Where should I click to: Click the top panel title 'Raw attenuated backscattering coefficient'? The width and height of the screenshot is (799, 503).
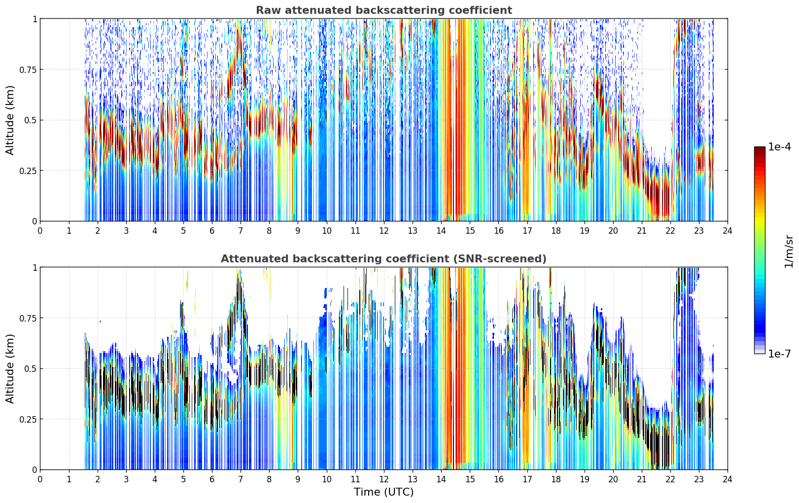pyautogui.click(x=384, y=10)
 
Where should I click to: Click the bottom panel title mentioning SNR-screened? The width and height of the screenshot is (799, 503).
pyautogui.click(x=384, y=258)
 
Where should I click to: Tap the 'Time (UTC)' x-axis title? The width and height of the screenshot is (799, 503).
pyautogui.click(x=384, y=492)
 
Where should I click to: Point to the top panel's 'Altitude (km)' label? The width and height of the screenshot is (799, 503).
pyautogui.click(x=10, y=120)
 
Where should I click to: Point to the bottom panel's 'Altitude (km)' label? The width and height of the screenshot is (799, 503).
pyautogui.click(x=10, y=368)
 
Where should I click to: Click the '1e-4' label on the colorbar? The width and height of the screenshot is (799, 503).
pyautogui.click(x=779, y=146)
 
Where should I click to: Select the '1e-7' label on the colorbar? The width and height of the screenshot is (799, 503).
pyautogui.click(x=779, y=354)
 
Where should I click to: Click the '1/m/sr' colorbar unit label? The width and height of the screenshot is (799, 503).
pyautogui.click(x=789, y=251)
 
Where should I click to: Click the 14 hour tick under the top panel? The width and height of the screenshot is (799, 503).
pyautogui.click(x=441, y=231)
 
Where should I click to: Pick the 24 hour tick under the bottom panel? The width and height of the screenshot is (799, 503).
pyautogui.click(x=728, y=479)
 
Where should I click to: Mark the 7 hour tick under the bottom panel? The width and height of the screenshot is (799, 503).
pyautogui.click(x=241, y=479)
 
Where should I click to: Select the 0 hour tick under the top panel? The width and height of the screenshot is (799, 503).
pyautogui.click(x=40, y=231)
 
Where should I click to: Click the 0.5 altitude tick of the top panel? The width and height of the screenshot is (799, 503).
pyautogui.click(x=30, y=120)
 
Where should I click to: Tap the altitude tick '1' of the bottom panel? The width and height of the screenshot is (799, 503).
pyautogui.click(x=35, y=268)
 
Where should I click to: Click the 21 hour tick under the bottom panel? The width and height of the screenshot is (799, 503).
pyautogui.click(x=642, y=479)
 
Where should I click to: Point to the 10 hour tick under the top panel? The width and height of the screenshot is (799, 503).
pyautogui.click(x=327, y=231)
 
